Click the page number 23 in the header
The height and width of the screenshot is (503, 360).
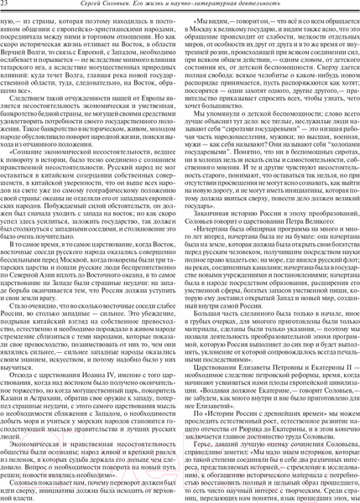click(8, 7)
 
